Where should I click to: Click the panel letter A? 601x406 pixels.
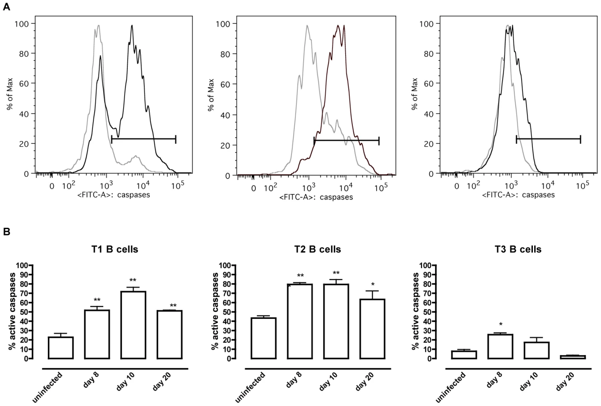tap(6, 7)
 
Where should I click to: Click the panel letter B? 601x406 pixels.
tap(6, 232)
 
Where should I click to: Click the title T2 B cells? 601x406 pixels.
tap(318, 249)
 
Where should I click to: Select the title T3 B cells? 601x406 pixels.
tap(518, 249)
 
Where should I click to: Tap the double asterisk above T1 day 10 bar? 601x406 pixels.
tap(133, 281)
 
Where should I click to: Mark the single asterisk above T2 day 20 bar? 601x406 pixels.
tap(373, 285)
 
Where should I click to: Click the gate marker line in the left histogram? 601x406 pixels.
tap(143, 139)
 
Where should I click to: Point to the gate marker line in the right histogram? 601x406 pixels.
tap(548, 139)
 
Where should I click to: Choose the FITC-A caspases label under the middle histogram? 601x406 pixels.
tap(316, 198)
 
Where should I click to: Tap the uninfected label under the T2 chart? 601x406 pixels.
tap(250, 387)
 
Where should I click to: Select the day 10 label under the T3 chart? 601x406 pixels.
tap(528, 381)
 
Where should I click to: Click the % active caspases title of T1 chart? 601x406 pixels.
tap(12, 312)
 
